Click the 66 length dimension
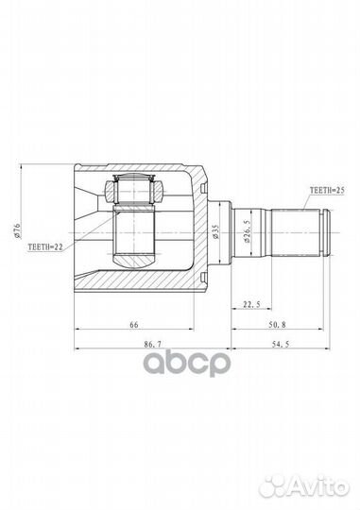[137, 323]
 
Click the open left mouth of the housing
[79, 227]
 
